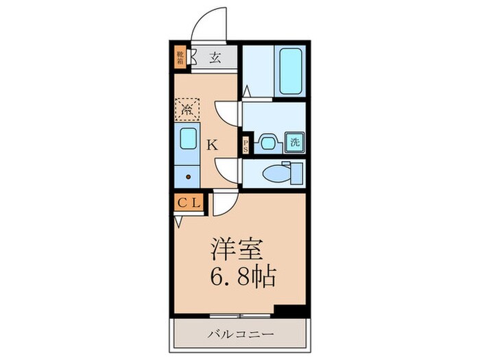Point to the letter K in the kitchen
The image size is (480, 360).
point(213,145)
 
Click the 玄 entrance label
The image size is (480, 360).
point(215,56)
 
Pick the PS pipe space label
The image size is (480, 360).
point(247,145)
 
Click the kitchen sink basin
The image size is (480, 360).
point(187,141)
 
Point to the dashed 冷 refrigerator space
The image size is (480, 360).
point(186,108)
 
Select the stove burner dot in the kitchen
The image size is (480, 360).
point(187,176)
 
